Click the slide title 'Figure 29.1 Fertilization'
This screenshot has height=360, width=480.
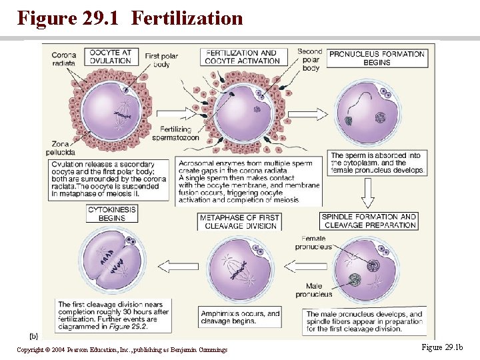point(130,18)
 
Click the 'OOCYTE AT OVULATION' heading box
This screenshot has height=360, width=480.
point(114,56)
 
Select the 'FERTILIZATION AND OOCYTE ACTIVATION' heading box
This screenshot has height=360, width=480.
point(241,57)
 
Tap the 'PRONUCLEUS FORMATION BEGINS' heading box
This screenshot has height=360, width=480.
point(377,58)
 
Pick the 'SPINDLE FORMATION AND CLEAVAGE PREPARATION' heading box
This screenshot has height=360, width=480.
point(369,221)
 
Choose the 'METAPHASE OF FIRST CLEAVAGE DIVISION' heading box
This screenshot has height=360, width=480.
point(240,221)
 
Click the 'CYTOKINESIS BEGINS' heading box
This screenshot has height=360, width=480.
point(112,213)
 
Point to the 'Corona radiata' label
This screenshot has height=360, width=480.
point(63,59)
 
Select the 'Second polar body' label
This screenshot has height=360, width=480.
point(310,59)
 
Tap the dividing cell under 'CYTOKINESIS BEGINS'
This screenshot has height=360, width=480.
point(111,264)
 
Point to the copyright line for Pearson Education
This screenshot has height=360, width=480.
point(122,349)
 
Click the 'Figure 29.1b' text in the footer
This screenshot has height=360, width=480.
point(442,347)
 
